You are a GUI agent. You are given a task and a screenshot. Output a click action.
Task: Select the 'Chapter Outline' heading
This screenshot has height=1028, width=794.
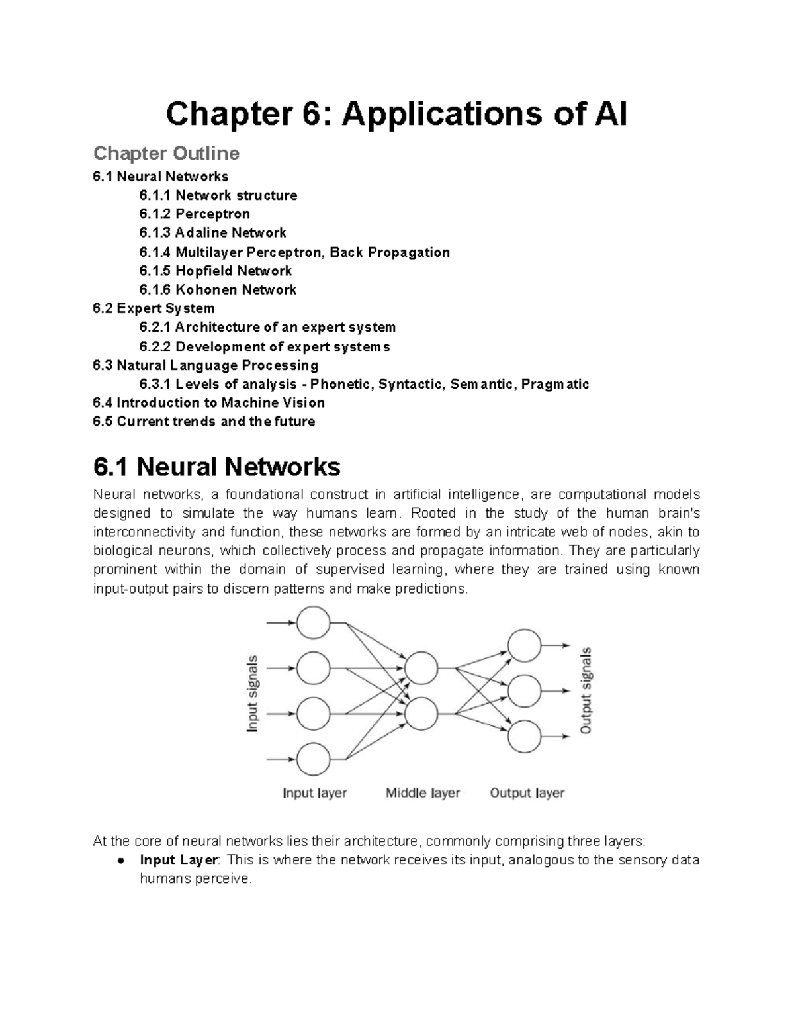click(x=166, y=154)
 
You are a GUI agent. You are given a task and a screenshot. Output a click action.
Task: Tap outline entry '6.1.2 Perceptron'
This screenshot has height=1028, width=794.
click(x=195, y=214)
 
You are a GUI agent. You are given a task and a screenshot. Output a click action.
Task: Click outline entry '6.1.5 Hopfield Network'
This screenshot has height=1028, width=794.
click(x=215, y=271)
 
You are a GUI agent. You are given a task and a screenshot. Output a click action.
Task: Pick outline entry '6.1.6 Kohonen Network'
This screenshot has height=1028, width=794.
click(x=218, y=289)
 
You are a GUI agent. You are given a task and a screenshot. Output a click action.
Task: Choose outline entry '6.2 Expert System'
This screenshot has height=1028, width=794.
click(x=154, y=308)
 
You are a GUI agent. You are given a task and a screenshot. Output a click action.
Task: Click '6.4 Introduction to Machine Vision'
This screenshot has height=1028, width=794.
click(x=208, y=402)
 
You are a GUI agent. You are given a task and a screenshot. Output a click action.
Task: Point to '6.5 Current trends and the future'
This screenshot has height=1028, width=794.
click(x=204, y=422)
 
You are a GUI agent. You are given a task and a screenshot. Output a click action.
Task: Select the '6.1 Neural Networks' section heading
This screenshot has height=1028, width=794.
click(x=216, y=467)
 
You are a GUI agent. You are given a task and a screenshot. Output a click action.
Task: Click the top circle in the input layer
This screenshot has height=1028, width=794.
click(x=314, y=623)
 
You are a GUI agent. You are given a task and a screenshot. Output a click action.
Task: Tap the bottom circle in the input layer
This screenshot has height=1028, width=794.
click(x=314, y=759)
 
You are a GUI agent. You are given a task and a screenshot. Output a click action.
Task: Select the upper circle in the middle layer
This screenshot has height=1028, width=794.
click(x=421, y=668)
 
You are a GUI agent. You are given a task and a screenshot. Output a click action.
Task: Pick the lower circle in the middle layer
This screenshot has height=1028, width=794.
click(x=421, y=714)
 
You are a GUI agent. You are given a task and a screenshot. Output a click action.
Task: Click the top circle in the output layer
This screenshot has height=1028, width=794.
click(x=525, y=645)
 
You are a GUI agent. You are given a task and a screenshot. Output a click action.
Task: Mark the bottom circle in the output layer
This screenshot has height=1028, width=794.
click(x=525, y=736)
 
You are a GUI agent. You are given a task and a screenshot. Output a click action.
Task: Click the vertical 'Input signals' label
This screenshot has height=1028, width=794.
click(x=253, y=693)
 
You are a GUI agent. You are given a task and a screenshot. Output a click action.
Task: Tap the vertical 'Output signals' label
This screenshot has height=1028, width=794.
click(x=586, y=690)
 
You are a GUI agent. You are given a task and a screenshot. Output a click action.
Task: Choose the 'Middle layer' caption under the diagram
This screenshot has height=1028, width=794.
click(x=423, y=793)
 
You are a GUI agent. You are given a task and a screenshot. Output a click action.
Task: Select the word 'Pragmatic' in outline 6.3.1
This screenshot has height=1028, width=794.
click(x=555, y=385)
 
